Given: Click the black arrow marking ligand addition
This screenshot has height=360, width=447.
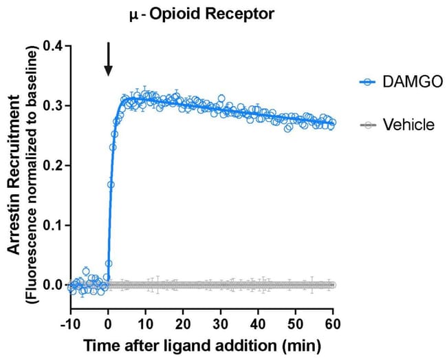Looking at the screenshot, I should tap(108, 59).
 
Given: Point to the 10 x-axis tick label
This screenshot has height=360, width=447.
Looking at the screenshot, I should tap(146, 324).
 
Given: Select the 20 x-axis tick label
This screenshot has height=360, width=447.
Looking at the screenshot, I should tap(183, 324).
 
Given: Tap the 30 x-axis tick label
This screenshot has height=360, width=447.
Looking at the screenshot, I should tap(221, 324).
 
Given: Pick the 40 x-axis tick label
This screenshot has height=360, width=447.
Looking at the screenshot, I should tap(259, 324).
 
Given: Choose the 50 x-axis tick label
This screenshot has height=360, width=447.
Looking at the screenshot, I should tap(296, 324).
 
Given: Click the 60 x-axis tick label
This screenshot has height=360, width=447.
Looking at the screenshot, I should tap(334, 324).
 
